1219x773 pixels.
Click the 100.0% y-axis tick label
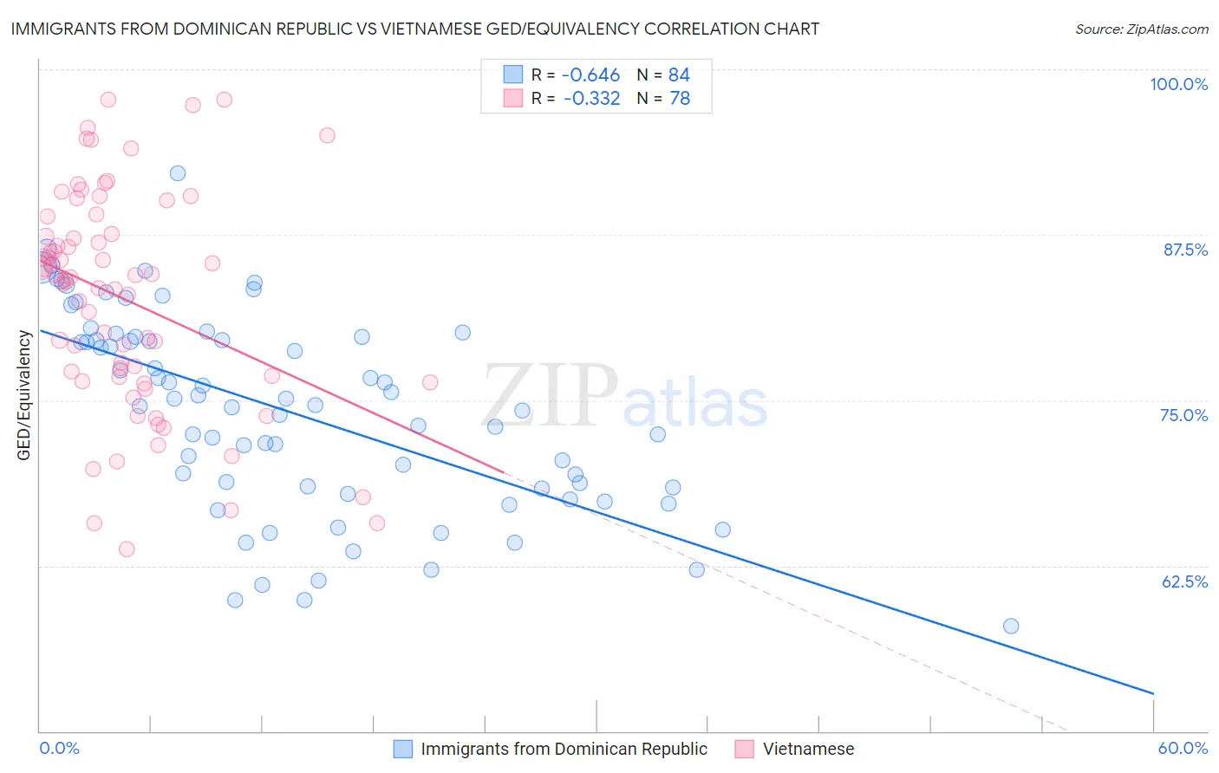point(1178,84)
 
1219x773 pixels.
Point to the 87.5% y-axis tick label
point(1185,250)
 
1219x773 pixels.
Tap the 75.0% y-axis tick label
point(1183,415)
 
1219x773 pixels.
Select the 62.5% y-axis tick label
point(1184,581)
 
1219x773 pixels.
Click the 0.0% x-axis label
point(59,748)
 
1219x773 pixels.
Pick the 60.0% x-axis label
point(1183,748)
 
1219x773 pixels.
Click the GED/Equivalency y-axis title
point(23,395)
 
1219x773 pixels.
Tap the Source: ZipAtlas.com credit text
point(1141,29)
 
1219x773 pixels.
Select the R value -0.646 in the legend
point(591,75)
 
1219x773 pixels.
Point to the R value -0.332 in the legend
point(591,99)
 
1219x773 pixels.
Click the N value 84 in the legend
point(679,75)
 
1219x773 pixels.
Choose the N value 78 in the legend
point(680,99)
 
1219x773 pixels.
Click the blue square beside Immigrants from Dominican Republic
point(403,749)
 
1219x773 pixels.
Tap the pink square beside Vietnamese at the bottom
point(744,749)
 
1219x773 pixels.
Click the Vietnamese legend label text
point(808,749)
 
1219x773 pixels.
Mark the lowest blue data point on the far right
point(1010,626)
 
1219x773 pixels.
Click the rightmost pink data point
point(429,382)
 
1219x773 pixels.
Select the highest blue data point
point(177,173)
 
